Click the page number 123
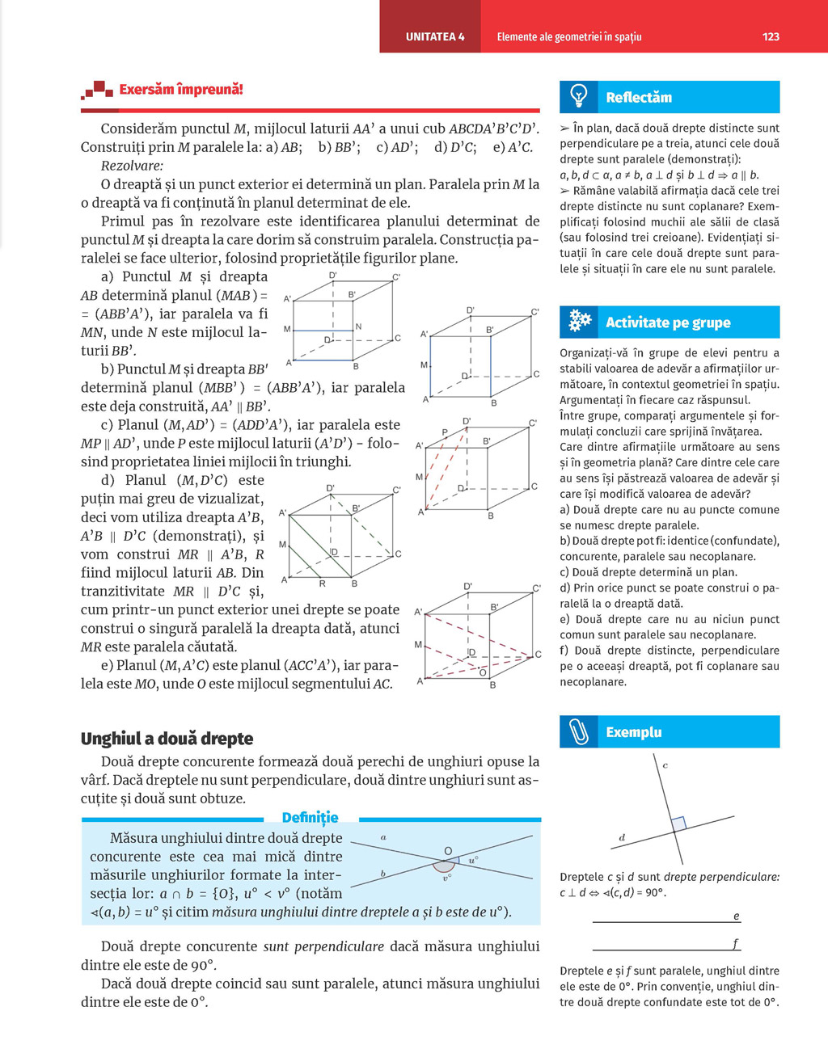770,36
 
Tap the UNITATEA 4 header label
435,36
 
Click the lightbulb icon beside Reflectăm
579,96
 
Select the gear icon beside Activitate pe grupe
580,322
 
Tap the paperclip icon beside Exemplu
579,731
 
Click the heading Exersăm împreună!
180,90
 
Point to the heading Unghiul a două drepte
167,739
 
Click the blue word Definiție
310,817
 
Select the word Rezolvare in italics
131,166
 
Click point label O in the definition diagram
448,851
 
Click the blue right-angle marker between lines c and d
678,824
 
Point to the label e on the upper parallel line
736,916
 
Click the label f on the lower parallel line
735,943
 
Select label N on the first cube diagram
358,326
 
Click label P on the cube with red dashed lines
444,433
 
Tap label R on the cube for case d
322,583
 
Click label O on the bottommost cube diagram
483,672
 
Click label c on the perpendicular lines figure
665,765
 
